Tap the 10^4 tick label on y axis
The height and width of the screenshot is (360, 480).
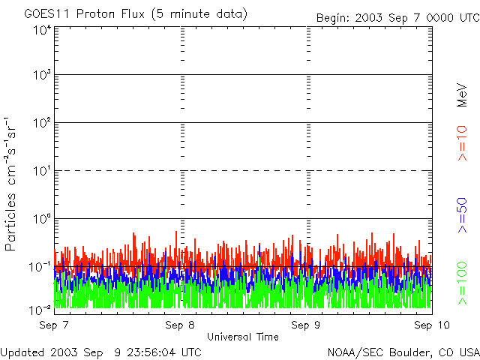click(x=42, y=30)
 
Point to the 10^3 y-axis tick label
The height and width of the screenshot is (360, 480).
click(x=42, y=76)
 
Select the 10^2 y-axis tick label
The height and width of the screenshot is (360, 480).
click(x=42, y=123)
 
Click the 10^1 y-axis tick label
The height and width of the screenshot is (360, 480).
click(x=42, y=171)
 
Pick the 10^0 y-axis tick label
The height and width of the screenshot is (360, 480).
click(x=42, y=219)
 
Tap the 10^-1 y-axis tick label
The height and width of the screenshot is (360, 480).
click(x=40, y=266)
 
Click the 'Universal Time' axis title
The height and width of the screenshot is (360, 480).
click(x=242, y=337)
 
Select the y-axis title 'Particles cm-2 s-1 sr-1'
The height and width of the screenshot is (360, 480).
click(x=13, y=183)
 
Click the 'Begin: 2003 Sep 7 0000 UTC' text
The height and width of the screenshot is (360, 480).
click(x=397, y=17)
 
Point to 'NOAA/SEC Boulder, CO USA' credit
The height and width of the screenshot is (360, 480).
click(x=403, y=352)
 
